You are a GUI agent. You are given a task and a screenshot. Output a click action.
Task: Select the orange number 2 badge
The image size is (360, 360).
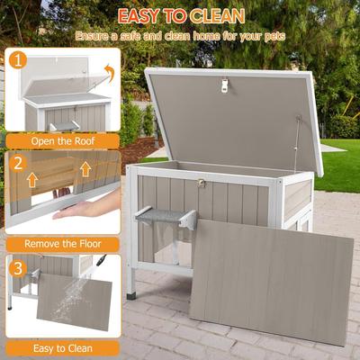(18, 164)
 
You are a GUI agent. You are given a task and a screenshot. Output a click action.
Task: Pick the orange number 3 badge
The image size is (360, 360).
(18, 267)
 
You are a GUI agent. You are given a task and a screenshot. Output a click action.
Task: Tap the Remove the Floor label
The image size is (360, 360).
(62, 243)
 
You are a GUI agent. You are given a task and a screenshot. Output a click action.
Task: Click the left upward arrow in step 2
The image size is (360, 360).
(31, 180)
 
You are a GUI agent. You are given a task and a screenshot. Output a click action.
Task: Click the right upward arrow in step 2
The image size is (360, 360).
(85, 169)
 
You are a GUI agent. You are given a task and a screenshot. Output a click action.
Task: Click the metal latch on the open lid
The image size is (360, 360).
(225, 85)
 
